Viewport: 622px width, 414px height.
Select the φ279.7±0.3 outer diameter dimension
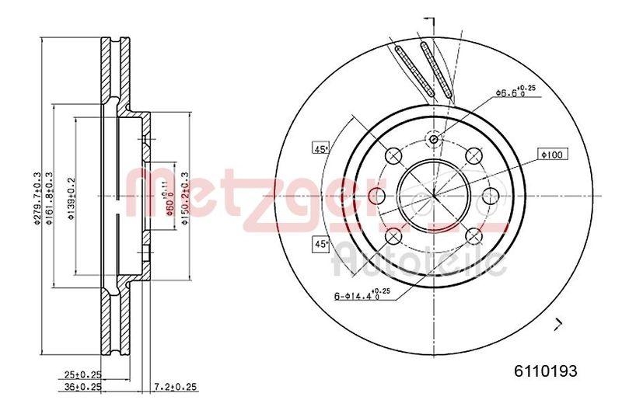point(36,198)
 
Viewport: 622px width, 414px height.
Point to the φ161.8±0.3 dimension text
point(50,198)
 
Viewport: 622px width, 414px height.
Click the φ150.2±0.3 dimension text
point(185,198)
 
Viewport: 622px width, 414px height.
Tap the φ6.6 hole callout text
point(513,92)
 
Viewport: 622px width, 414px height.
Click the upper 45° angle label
point(320,148)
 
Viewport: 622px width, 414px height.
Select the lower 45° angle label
point(320,244)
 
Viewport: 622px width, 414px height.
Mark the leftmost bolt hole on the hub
point(378,196)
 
